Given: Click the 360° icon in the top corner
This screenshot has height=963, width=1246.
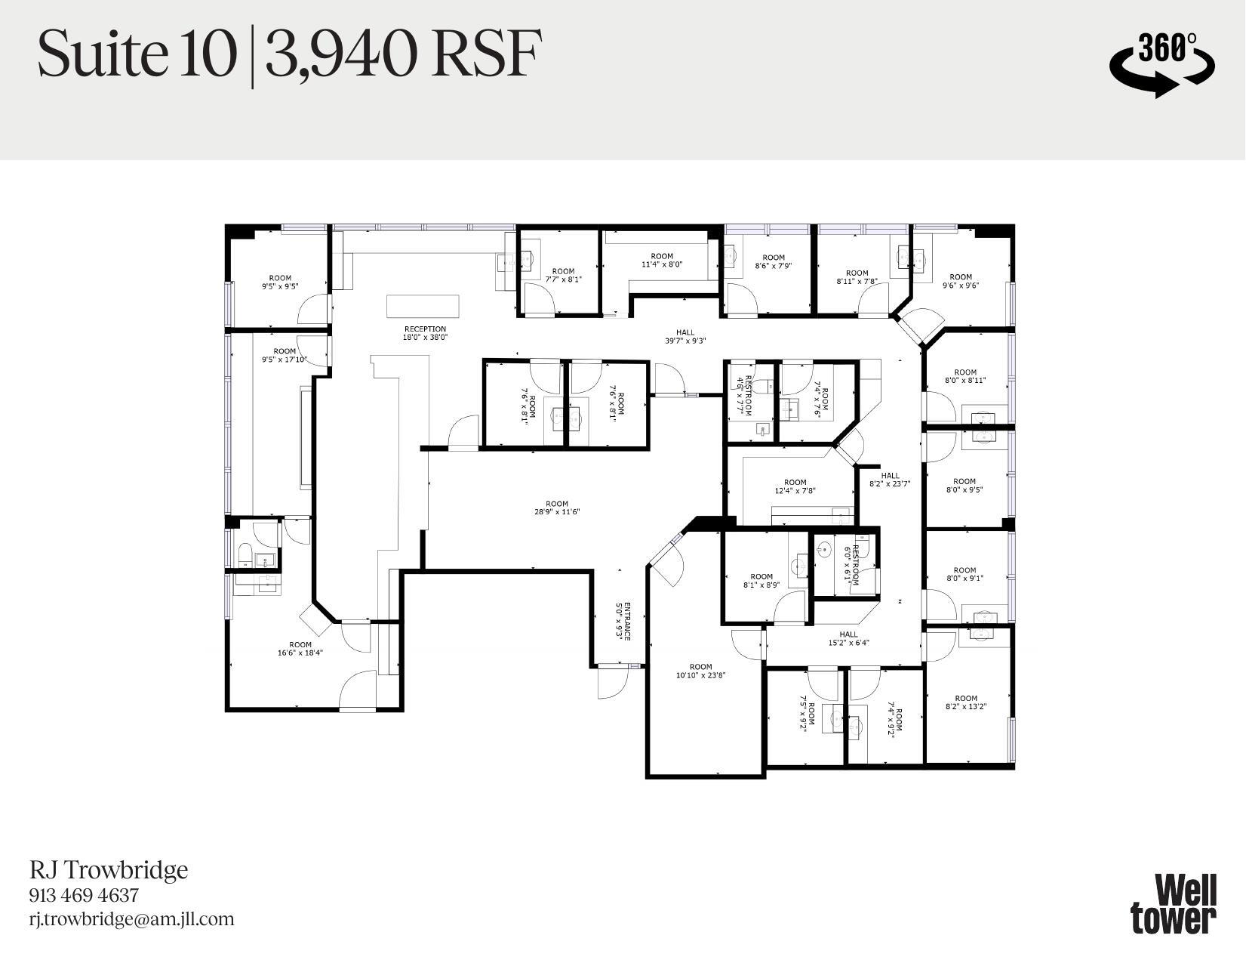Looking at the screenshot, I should tap(1161, 63).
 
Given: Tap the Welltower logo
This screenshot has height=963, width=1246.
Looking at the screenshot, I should tap(1174, 903).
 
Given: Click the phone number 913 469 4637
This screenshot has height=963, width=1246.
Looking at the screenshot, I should tap(84, 895).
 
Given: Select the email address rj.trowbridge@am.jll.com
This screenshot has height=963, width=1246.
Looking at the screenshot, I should tap(132, 919).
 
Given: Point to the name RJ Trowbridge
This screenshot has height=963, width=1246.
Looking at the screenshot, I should tap(109, 870).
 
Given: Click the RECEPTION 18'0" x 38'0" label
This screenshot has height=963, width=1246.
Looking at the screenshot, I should tap(425, 333).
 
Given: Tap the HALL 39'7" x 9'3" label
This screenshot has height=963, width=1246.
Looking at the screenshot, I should tap(685, 336).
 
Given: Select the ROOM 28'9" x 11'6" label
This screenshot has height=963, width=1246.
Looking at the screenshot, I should tap(557, 508).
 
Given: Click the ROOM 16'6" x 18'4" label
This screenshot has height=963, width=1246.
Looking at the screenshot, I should tap(300, 649).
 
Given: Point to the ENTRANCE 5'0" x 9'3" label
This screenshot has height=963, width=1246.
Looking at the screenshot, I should tap(623, 621).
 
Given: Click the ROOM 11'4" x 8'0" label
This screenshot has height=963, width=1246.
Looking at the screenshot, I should tap(662, 260).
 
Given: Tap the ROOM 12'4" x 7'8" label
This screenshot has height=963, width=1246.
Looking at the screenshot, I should tap(795, 486).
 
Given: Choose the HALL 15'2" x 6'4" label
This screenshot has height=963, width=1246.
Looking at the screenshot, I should tap(848, 639).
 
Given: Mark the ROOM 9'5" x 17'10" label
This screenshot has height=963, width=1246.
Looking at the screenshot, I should tap(285, 355).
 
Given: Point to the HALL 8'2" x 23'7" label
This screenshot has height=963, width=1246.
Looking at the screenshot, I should tap(890, 480).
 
